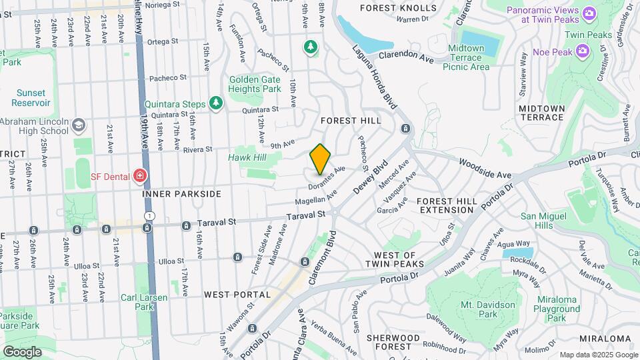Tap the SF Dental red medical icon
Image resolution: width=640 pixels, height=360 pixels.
tap(139, 176)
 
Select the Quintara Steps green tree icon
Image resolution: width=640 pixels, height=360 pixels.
tap(215, 103)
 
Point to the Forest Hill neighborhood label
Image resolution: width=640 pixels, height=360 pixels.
tap(351, 121)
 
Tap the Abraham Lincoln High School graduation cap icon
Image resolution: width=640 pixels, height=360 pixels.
tap(79, 125)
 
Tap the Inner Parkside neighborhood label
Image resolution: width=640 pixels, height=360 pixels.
tap(181, 194)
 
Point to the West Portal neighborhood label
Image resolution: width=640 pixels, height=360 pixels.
tap(237, 294)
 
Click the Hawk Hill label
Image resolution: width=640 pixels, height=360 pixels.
tap(247, 157)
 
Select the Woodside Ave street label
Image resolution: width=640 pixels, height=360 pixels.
tap(485, 168)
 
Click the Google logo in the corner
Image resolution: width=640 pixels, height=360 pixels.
tap(22, 351)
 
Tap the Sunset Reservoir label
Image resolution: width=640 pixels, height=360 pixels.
tap(31, 98)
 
